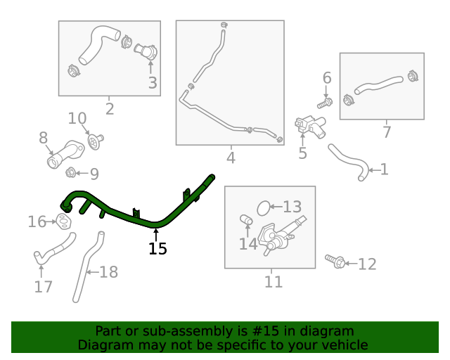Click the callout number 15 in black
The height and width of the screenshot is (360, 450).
158,248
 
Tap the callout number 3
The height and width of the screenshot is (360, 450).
153,83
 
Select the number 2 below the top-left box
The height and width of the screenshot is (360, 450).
110,108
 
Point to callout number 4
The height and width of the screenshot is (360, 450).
231,158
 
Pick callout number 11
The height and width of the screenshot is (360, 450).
274,282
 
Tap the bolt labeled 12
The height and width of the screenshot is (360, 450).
336,262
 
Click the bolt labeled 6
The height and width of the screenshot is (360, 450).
324,103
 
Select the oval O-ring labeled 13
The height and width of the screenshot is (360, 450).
264,207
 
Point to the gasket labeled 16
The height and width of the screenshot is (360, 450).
65,223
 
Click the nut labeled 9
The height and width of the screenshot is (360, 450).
71,173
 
